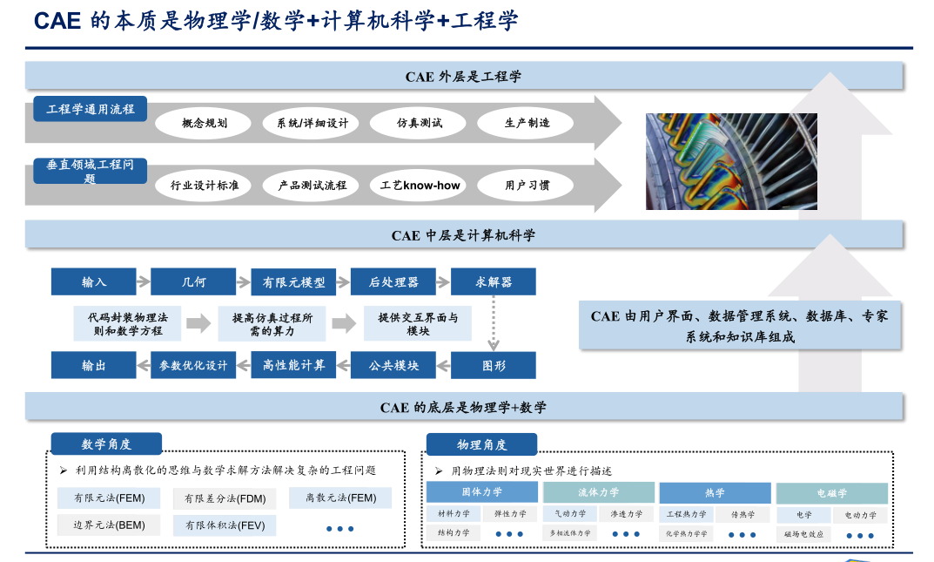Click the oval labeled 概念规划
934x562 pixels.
(x=205, y=123)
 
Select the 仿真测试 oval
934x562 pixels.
(x=420, y=123)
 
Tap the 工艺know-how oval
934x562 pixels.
(x=420, y=185)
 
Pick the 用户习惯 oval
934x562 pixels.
(x=527, y=185)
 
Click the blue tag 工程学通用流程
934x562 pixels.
(x=91, y=109)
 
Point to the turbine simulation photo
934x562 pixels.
(x=731, y=161)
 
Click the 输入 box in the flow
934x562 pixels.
(x=94, y=281)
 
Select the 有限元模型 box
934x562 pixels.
(x=293, y=281)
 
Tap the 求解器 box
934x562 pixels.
(x=493, y=281)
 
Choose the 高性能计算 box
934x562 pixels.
(x=293, y=365)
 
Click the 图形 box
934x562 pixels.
(x=493, y=365)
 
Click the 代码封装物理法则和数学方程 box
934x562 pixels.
(x=127, y=324)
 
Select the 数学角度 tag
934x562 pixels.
(x=106, y=444)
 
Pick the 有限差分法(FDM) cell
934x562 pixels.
(x=225, y=498)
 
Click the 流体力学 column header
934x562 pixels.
(x=598, y=493)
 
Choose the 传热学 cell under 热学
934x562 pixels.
(x=742, y=514)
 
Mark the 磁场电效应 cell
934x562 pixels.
(x=803, y=533)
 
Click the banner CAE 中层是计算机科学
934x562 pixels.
(x=463, y=234)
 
